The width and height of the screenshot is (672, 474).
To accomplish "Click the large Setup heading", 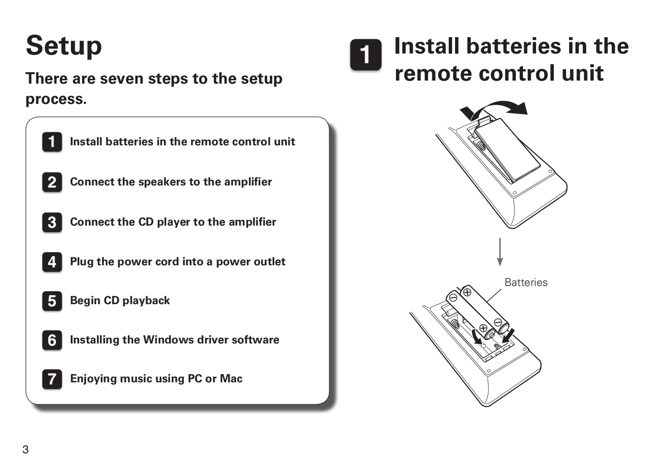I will [x=64, y=46].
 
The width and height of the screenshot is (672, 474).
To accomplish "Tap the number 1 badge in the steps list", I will [x=52, y=142].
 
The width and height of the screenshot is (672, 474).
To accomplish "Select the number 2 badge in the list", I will [x=52, y=182].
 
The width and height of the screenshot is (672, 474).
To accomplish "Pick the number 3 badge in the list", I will [x=52, y=222].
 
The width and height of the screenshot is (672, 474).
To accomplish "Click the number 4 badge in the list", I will [x=52, y=262].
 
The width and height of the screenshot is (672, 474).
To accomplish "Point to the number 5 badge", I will [x=52, y=301].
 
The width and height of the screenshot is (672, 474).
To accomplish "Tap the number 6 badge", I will [x=52, y=340].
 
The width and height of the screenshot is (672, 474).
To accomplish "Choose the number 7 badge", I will [x=52, y=379].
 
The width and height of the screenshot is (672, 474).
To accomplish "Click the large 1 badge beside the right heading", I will [x=366, y=55].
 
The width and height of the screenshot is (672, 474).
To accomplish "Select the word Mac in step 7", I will [x=231, y=379].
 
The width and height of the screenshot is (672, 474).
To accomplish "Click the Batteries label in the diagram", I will [x=526, y=282].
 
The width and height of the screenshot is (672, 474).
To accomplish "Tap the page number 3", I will [x=25, y=449].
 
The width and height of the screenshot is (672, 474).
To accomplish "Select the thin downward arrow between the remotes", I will [x=500, y=252].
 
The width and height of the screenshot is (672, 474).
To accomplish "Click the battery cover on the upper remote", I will [x=507, y=150].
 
